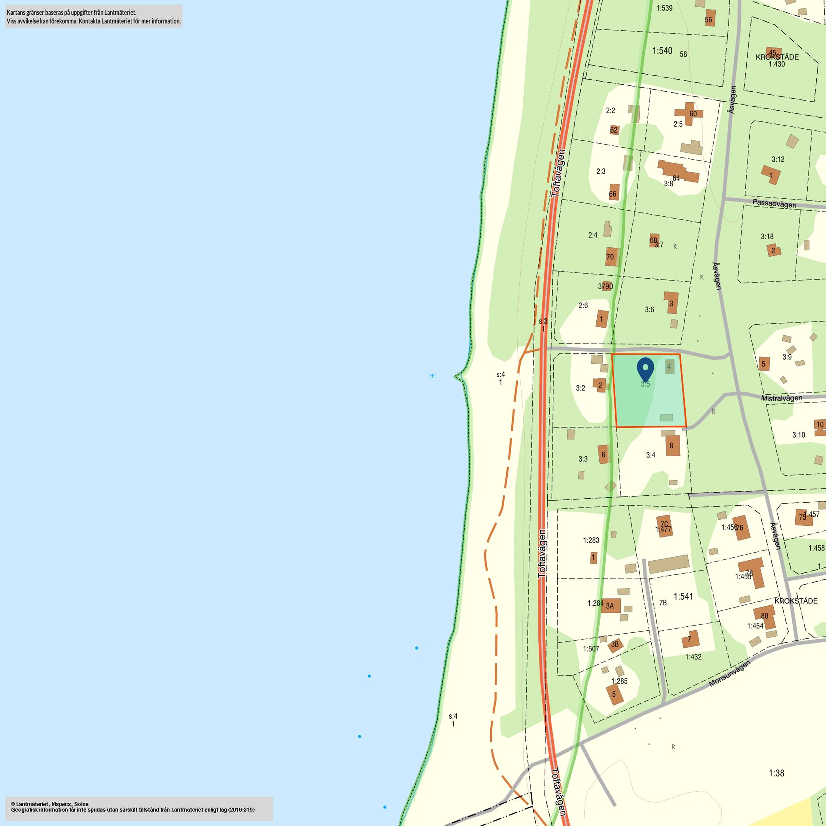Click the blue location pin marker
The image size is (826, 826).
pyautogui.click(x=645, y=369)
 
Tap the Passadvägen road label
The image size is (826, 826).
pyautogui.click(x=774, y=204)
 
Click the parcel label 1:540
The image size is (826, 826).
pyautogui.click(x=662, y=51)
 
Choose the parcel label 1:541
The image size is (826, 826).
pyautogui.click(x=683, y=596)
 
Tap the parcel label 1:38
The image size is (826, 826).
pyautogui.click(x=776, y=773)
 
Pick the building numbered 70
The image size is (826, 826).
pyautogui.click(x=611, y=257)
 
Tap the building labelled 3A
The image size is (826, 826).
pyautogui.click(x=611, y=606)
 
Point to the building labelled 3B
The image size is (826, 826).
pyautogui.click(x=615, y=645)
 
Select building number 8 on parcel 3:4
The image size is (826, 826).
pyautogui.click(x=672, y=445)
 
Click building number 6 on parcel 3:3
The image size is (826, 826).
pyautogui.click(x=604, y=454)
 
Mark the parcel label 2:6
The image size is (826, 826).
pyautogui.click(x=583, y=305)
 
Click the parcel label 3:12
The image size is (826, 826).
pyautogui.click(x=778, y=159)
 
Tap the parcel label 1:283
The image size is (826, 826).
pyautogui.click(x=591, y=540)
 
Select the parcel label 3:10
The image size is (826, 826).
pyautogui.click(x=798, y=435)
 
